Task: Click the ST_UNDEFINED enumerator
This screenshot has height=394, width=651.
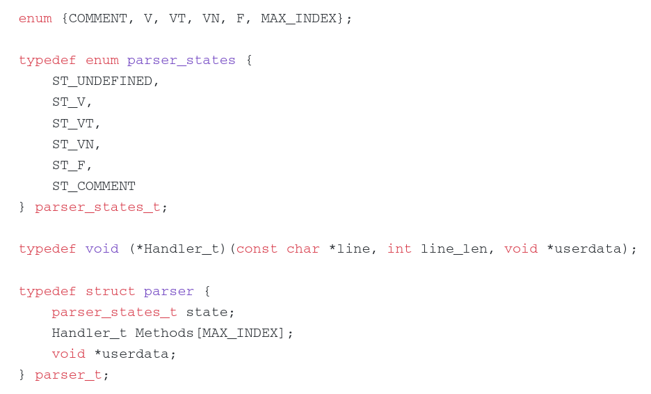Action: (x=102, y=81)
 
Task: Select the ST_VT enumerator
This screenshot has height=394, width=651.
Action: (x=73, y=123)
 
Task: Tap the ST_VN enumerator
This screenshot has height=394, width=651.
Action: (x=73, y=144)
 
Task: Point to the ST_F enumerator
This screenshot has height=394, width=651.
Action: (x=69, y=166)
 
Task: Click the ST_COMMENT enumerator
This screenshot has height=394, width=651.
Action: (x=94, y=186)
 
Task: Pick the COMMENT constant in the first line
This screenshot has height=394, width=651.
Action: (x=98, y=18)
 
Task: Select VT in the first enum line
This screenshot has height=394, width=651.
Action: (x=177, y=18)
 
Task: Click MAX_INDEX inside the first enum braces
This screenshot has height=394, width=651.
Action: (x=298, y=19)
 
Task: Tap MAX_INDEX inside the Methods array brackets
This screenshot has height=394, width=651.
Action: (x=240, y=333)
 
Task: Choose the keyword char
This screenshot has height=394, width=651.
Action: (x=303, y=249)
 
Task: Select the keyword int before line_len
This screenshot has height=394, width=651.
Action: (x=399, y=249)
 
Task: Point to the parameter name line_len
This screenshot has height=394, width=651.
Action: (x=453, y=249)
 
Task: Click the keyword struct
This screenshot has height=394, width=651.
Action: (x=111, y=292)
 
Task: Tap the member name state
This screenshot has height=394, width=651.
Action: (x=207, y=312)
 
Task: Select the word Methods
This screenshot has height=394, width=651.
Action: (x=165, y=333)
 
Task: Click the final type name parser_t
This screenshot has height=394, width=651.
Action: (x=68, y=375)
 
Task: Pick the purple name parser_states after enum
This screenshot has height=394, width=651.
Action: (x=182, y=61)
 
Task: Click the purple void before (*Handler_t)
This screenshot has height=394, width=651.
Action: (x=102, y=249)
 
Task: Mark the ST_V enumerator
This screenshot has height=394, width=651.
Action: (x=69, y=102)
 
